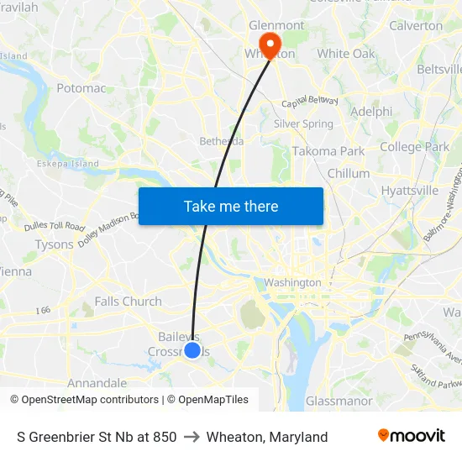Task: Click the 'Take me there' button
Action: [x=231, y=207]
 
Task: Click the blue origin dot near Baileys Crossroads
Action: [x=192, y=349]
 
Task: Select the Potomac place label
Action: [x=81, y=88]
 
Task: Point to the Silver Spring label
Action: [x=303, y=124]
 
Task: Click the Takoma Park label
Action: [x=328, y=151]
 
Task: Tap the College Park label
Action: [x=414, y=147]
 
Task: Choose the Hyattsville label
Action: [x=410, y=191]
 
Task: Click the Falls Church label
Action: [x=128, y=302]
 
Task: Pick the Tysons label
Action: [x=55, y=244]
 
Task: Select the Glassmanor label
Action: [x=339, y=401]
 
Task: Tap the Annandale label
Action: [x=97, y=383]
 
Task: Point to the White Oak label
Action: [x=346, y=54]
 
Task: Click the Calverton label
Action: [x=416, y=25]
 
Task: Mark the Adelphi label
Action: [x=371, y=111]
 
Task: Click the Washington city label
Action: [x=292, y=283]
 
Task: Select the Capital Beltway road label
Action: [x=309, y=102]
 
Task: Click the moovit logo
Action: [x=411, y=436]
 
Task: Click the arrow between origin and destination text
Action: [x=192, y=437]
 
